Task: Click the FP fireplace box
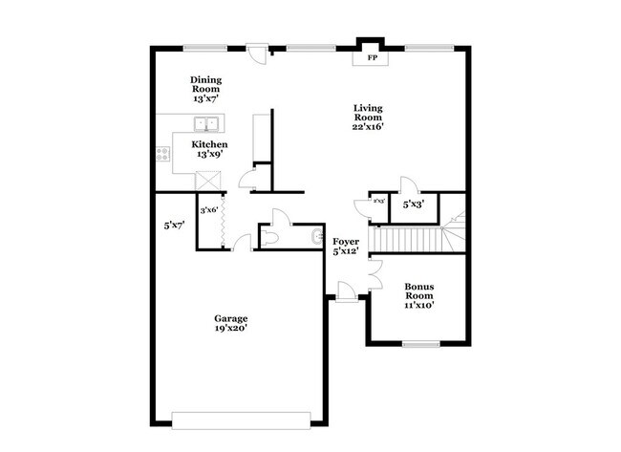[x=372, y=58]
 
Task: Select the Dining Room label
[x=206, y=89]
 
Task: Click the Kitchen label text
[x=209, y=149]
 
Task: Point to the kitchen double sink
[x=206, y=123]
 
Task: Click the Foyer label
[x=344, y=246]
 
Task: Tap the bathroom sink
[x=315, y=236]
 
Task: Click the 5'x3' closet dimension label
[x=413, y=204]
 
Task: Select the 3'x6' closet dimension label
[x=208, y=210]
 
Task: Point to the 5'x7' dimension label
[x=174, y=226]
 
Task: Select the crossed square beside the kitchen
[x=206, y=180]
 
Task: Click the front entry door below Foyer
[x=346, y=297]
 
